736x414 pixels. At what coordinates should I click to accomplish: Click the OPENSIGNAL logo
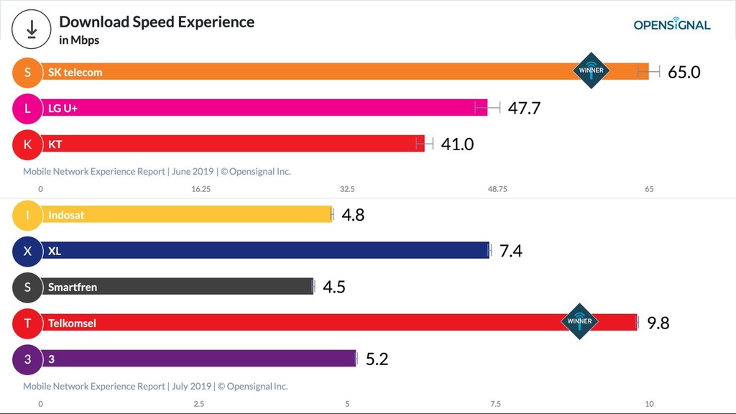[671, 24]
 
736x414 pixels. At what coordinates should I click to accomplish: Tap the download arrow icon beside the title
[32, 29]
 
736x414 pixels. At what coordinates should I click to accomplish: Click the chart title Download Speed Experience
[157, 22]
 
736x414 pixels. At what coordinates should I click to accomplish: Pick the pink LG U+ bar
[266, 108]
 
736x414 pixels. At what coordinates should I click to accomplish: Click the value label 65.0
[684, 72]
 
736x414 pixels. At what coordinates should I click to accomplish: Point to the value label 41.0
[457, 144]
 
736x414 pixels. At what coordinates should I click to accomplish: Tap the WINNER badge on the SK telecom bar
[592, 70]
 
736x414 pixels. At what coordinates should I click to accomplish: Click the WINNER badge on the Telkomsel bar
[579, 321]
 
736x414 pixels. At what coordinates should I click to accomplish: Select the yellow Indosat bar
[187, 214]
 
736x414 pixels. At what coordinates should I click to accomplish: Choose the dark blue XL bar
[266, 251]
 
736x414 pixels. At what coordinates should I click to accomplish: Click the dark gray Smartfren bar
[180, 287]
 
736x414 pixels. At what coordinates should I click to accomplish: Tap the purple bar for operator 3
[201, 359]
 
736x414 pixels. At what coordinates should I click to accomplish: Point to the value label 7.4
[510, 251]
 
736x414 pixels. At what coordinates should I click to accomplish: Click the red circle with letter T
[28, 323]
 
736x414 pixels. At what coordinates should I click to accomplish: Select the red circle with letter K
[28, 144]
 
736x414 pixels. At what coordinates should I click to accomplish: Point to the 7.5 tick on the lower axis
[495, 403]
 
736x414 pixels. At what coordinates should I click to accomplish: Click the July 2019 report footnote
[155, 386]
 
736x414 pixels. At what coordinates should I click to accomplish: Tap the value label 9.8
[658, 323]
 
